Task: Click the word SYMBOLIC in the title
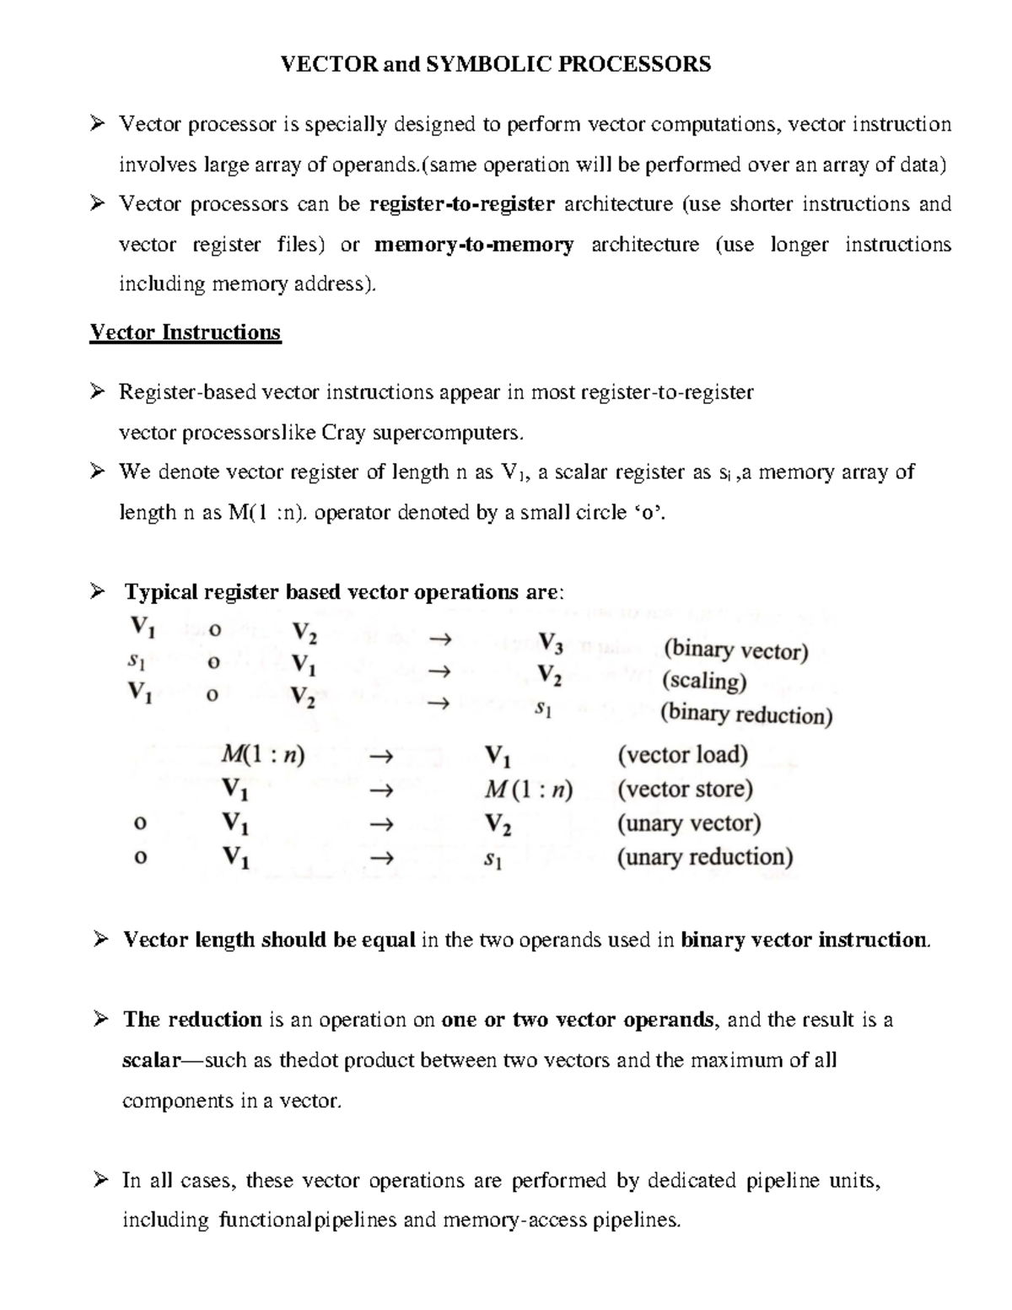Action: pos(482,64)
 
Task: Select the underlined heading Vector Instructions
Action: pos(185,332)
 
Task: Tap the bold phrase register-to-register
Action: pos(462,204)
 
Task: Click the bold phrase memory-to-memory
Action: pos(474,245)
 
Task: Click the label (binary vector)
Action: pos(735,650)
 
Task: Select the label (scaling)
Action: pos(704,681)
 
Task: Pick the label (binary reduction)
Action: pos(746,714)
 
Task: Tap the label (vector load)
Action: pos(682,754)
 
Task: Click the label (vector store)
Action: pos(685,789)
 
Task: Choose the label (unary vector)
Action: pos(689,822)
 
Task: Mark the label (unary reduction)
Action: pos(705,857)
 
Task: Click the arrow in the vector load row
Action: pos(381,757)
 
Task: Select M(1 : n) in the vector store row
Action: pos(529,790)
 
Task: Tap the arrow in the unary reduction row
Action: pos(381,859)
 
